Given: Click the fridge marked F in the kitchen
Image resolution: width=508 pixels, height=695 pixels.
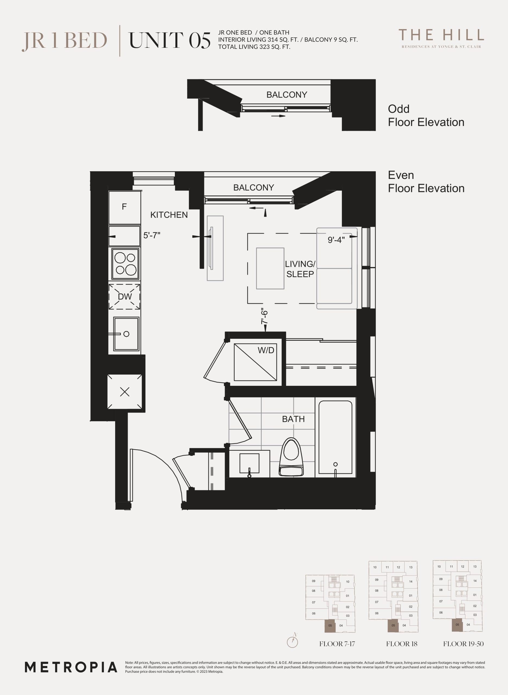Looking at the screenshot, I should pos(125,207).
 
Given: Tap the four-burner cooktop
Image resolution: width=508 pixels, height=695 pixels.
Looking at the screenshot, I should pos(125,264).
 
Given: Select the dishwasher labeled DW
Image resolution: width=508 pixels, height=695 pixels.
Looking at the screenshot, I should pos(125,296).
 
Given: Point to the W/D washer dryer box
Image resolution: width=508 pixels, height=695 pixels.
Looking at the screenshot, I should pos(255,362).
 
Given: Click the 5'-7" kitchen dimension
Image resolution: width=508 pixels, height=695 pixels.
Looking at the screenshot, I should pos(152,235).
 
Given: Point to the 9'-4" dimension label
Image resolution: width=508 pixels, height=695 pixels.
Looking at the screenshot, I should pos(336,240).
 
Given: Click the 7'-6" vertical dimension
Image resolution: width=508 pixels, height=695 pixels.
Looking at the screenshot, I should pos(264,317).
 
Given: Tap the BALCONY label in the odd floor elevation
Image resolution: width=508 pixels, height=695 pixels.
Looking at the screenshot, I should pos(287,95).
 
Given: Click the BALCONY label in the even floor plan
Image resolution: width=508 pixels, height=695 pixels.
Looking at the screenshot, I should pos(253,188).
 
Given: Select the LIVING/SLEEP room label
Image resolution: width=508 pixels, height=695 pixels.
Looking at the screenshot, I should pos(300,269).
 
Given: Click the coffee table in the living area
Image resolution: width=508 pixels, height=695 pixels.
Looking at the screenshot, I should pos(270,268).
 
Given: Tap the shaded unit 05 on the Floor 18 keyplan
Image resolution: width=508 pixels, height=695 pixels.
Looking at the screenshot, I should pos(393,625).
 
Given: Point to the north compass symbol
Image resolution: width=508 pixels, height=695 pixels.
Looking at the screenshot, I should pos(292,642).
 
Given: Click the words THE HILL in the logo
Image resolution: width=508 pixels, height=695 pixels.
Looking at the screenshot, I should pos(441,35).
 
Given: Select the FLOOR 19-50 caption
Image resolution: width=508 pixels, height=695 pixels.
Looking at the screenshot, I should pos(463,644).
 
